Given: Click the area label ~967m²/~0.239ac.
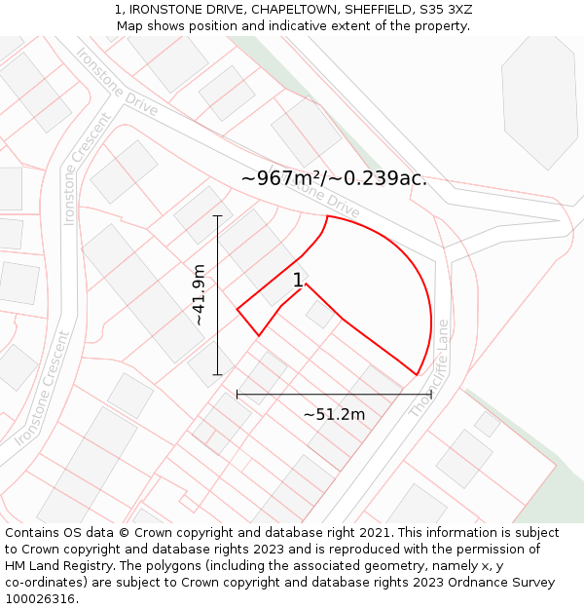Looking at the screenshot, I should coord(334,178).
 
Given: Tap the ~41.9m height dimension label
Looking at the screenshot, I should coord(199,295).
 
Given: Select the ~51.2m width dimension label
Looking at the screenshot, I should coord(334,414).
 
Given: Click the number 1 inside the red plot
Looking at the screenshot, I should coord(298,281).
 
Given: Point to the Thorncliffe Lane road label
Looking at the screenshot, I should coord(429,368).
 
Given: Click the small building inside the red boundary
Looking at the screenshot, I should coord(319,314).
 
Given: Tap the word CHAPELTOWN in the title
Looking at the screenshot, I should coord(279,10).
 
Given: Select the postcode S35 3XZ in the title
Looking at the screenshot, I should coord(444,10).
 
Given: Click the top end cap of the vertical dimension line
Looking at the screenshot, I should coord(217,216).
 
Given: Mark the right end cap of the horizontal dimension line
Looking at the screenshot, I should coord(431,395).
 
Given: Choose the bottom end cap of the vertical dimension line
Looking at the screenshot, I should coord(217,374).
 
